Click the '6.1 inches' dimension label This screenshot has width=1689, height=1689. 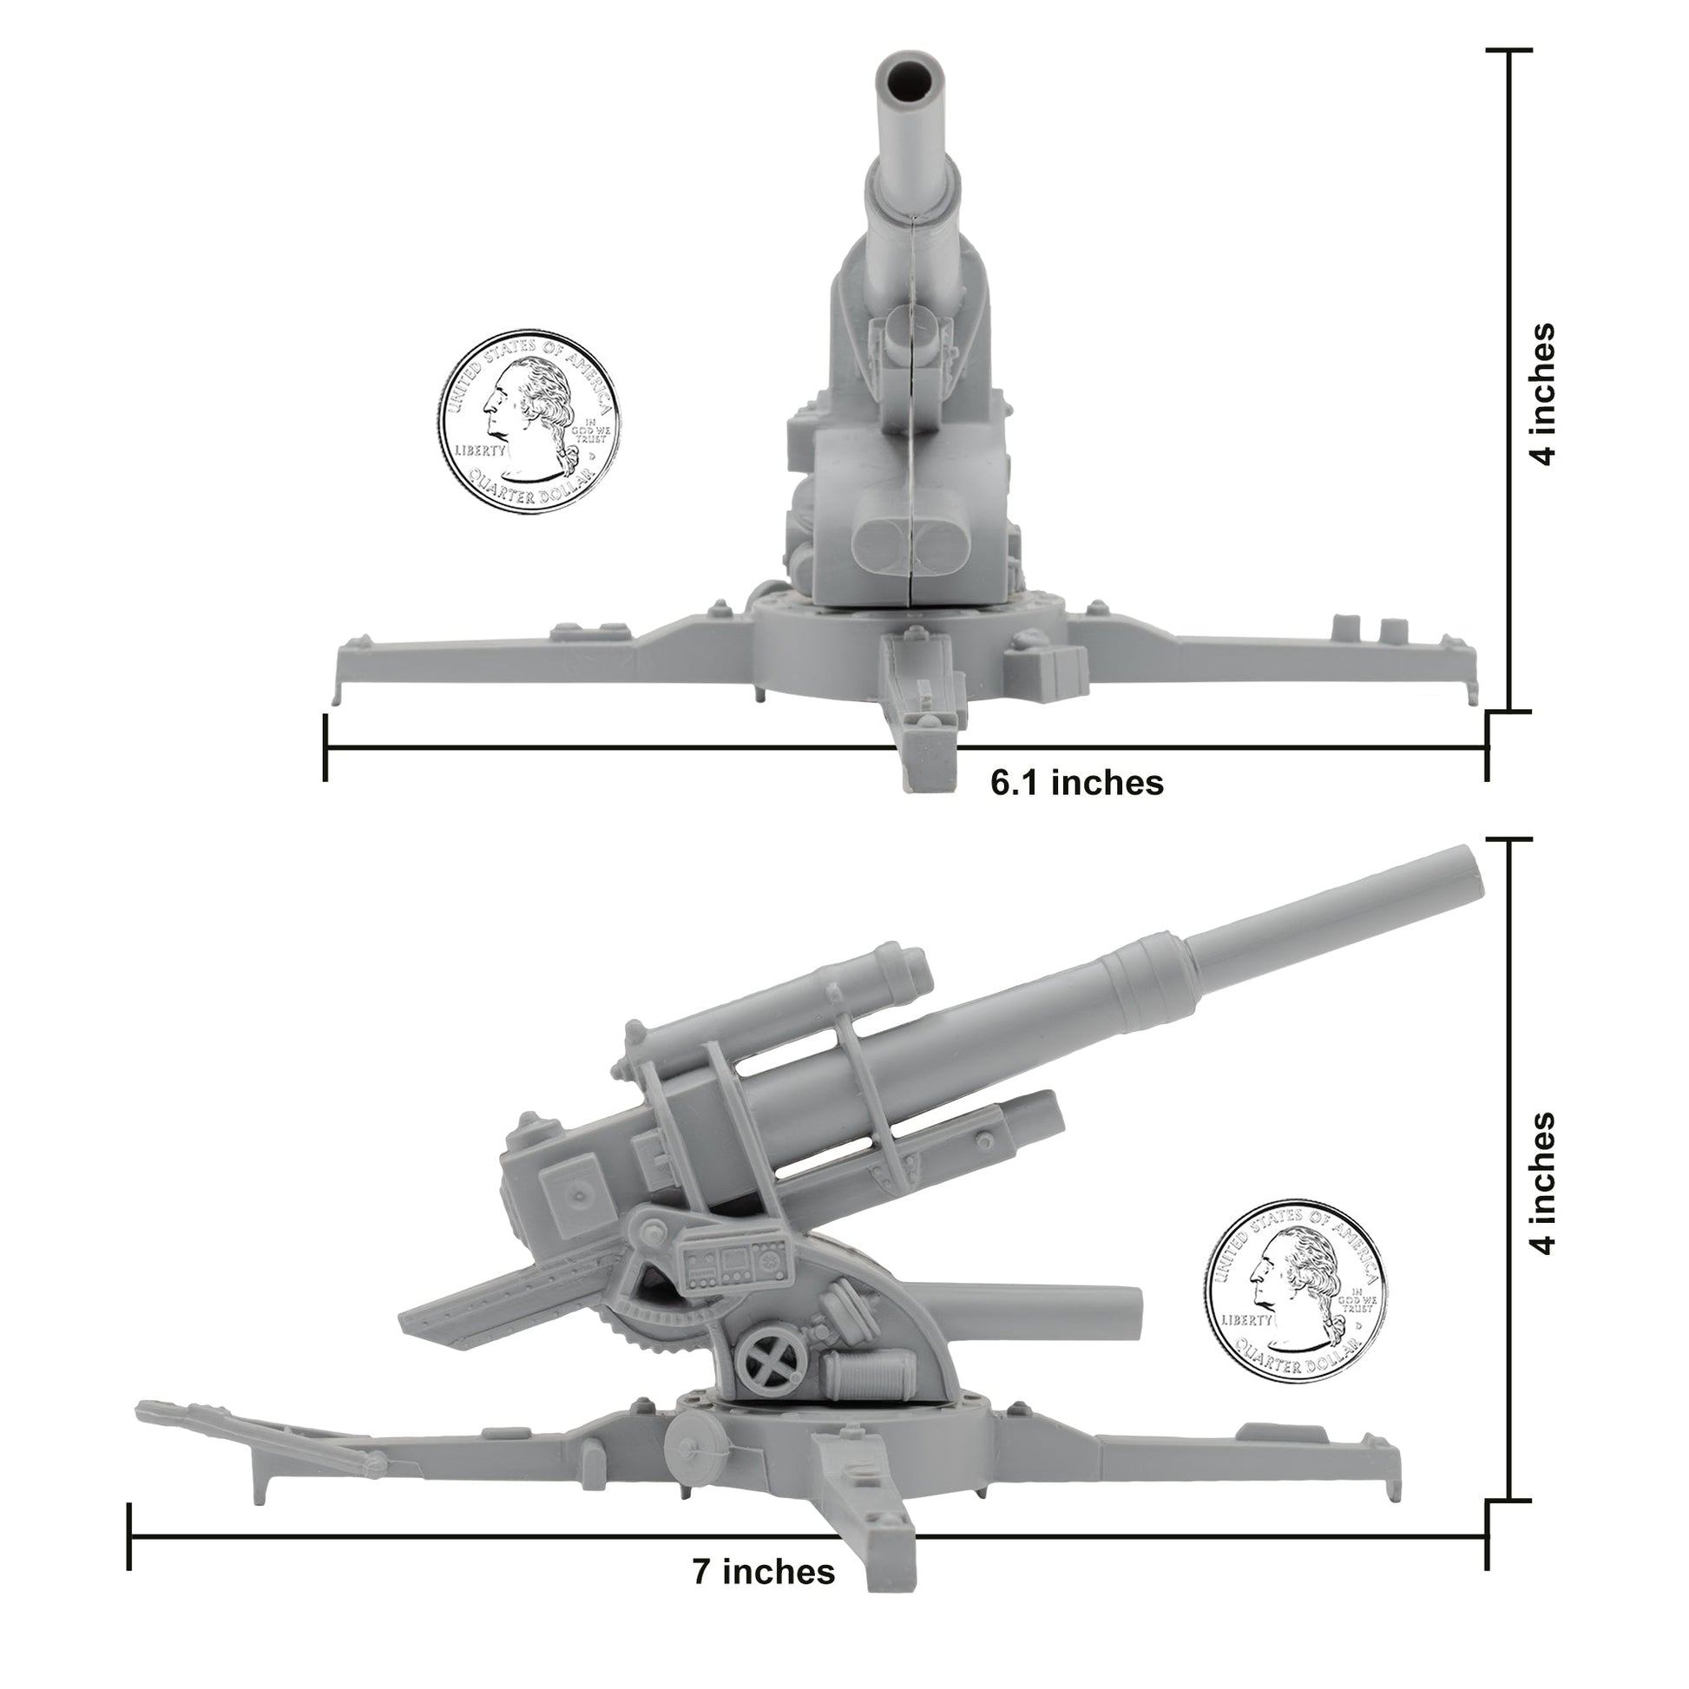(x=1076, y=782)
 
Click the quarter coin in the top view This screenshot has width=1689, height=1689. (x=529, y=421)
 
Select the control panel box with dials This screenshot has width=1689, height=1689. (x=734, y=1264)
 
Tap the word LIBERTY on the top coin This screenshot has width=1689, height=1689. (x=479, y=451)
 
